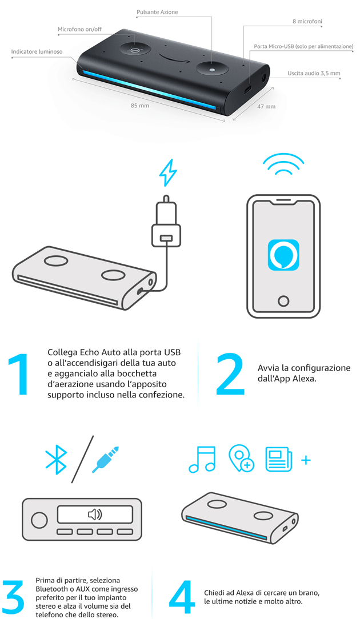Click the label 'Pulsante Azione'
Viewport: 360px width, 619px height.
[157, 12]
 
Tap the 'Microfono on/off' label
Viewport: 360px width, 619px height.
[80, 30]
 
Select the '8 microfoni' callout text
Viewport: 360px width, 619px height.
[307, 21]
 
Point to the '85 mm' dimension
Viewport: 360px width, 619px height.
[140, 106]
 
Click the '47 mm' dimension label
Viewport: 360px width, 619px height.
[266, 106]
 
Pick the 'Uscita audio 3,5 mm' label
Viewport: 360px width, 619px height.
[314, 73]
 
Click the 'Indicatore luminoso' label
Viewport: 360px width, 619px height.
[37, 52]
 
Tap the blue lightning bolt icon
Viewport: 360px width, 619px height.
[167, 172]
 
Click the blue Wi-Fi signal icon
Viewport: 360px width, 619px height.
[283, 164]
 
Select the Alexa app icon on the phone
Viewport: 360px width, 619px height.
[283, 255]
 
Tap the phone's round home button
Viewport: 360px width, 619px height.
[283, 301]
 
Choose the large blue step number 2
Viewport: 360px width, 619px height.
[230, 374]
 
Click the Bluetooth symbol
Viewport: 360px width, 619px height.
[56, 460]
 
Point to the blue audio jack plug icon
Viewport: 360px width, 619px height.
[105, 460]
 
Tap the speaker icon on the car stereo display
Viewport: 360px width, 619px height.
[95, 515]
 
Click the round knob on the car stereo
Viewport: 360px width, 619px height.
[39, 521]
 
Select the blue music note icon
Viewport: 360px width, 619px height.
[202, 459]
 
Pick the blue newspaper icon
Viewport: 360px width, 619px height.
[279, 459]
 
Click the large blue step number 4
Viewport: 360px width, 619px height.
[182, 598]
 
